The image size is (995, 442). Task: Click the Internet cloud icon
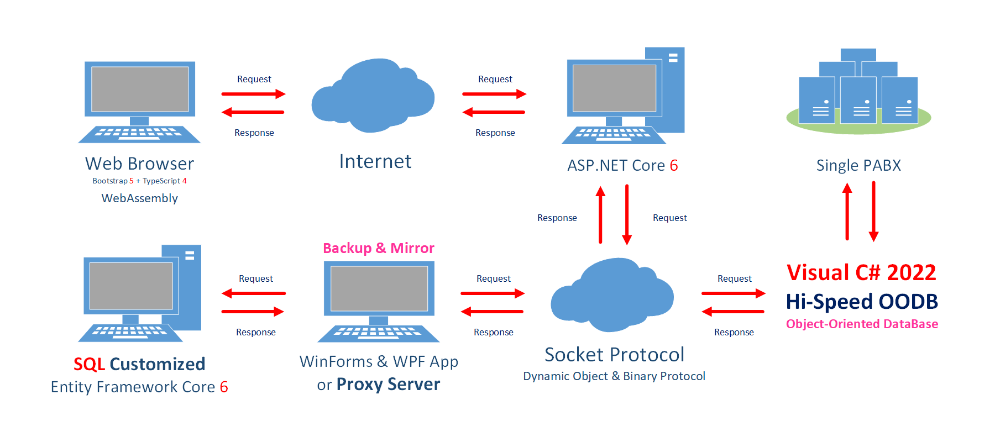tap(373, 96)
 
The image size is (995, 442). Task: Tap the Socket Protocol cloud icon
tap(612, 295)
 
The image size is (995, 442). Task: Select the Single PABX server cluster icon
tap(858, 91)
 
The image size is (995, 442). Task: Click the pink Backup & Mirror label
tap(379, 248)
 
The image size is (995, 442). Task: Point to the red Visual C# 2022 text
tap(861, 272)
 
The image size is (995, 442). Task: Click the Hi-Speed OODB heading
tap(862, 302)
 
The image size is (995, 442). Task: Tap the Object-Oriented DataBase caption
tap(862, 324)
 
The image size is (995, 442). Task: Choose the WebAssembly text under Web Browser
tap(140, 198)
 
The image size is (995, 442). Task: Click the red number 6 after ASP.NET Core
tap(674, 165)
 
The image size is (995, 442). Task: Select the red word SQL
tap(89, 364)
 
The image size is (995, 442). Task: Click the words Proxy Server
tap(389, 384)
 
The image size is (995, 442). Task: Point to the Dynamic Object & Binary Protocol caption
tap(614, 376)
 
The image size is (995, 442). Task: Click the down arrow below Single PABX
tap(874, 212)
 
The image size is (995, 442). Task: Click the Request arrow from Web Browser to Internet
tap(254, 94)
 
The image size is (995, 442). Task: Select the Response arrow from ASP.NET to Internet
tap(494, 112)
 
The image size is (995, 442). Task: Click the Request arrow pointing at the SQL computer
tap(254, 293)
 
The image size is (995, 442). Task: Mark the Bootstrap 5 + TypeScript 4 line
tap(140, 181)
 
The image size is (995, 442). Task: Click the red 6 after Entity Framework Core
tap(224, 387)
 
